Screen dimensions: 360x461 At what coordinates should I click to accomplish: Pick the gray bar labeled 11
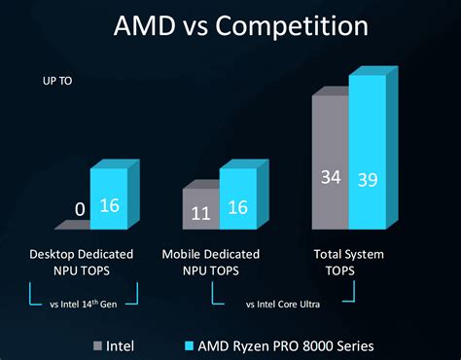point(200,210)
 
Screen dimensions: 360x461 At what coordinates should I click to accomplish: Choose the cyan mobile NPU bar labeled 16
point(236,199)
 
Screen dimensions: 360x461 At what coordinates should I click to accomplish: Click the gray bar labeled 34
point(329,165)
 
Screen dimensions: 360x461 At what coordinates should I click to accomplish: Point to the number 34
point(329,177)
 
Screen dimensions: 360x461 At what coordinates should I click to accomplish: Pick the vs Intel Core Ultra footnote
point(281,303)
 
